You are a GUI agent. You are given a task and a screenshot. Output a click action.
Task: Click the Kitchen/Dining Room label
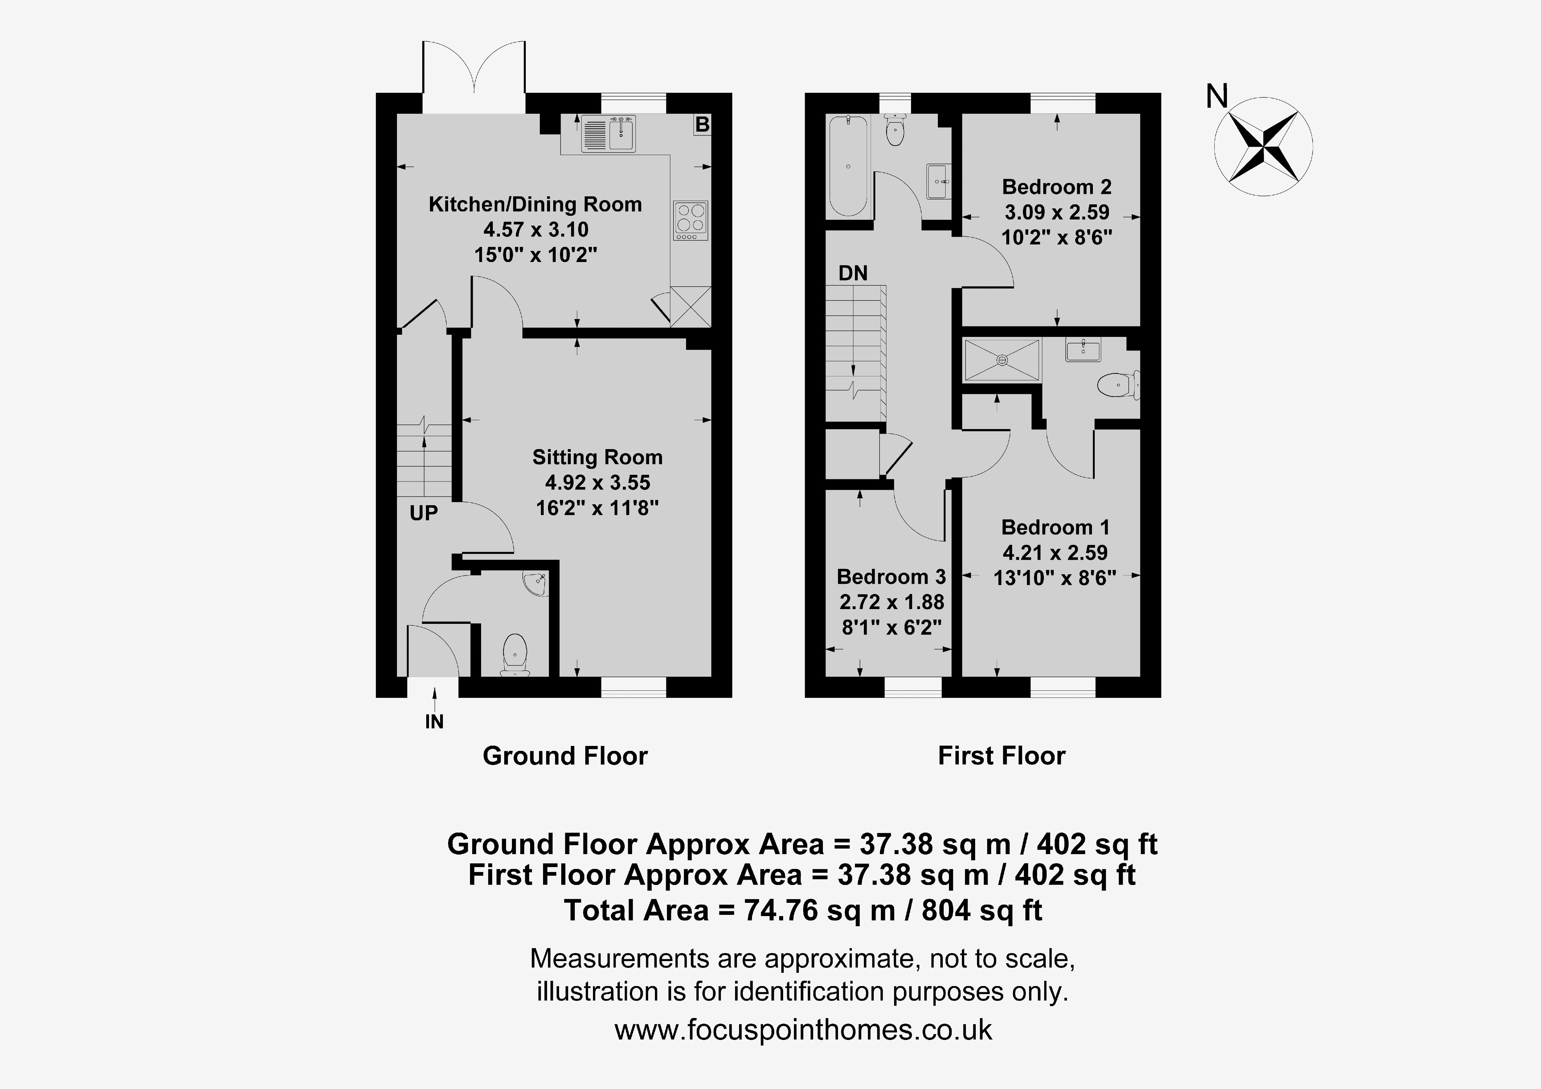click(535, 204)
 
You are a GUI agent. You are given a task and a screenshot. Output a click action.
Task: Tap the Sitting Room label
click(597, 457)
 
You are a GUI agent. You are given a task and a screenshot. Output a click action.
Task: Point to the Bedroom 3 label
click(891, 577)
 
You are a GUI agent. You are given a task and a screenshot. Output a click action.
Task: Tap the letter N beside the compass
click(1217, 97)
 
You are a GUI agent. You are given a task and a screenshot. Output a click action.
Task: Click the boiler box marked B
click(702, 124)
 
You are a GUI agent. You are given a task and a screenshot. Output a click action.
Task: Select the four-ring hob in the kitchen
click(691, 220)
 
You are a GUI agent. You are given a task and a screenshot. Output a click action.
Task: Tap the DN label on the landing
click(853, 273)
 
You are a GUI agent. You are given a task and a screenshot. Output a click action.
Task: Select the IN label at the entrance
click(434, 722)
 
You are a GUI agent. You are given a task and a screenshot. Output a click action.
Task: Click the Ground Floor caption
click(565, 756)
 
